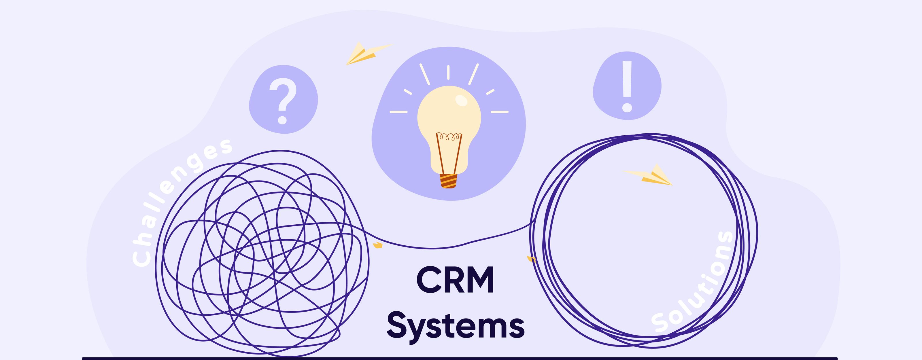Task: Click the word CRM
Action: [x=455, y=280]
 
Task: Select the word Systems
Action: [x=455, y=326]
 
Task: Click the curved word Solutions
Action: [x=693, y=283]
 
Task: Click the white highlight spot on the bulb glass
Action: [x=462, y=101]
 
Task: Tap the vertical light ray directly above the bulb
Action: [x=448, y=72]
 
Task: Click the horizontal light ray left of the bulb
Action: [x=398, y=112]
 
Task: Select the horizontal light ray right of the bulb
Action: [x=499, y=112]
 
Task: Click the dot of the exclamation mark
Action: [x=627, y=107]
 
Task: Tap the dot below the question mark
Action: [x=282, y=120]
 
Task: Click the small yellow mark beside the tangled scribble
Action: [x=377, y=245]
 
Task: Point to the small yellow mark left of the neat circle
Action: [x=531, y=258]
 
